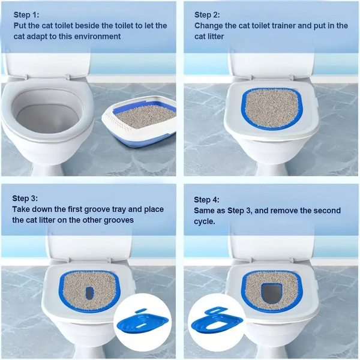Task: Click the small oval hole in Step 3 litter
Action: pos(89,292)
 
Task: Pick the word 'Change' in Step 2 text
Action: pos(211,25)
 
